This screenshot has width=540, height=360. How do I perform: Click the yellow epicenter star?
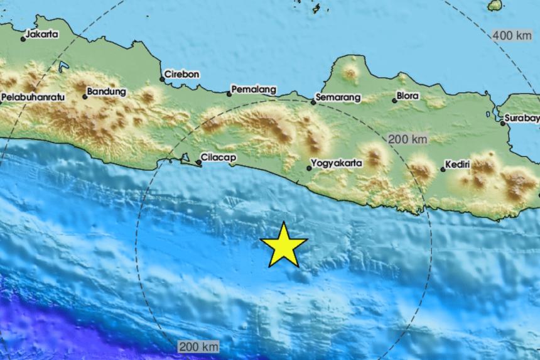pyautogui.click(x=283, y=244)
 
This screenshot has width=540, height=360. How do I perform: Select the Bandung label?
pyautogui.click(x=106, y=92)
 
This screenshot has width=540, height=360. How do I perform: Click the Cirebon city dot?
pyautogui.click(x=162, y=79)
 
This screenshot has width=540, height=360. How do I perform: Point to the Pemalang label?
pyautogui.click(x=254, y=90)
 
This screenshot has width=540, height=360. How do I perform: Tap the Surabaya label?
pyautogui.click(x=522, y=117)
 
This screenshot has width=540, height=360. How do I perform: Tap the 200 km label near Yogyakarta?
pyautogui.click(x=408, y=139)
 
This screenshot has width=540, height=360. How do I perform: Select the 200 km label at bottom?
pyautogui.click(x=198, y=346)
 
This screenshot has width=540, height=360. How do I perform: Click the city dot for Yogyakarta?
pyautogui.click(x=309, y=168)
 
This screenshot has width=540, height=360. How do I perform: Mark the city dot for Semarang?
pyautogui.click(x=313, y=102)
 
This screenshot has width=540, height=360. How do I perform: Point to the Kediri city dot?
pyautogui.click(x=443, y=170)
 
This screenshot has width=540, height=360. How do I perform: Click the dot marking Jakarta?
pyautogui.click(x=23, y=39)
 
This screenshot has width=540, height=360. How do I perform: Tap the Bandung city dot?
pyautogui.click(x=85, y=97)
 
